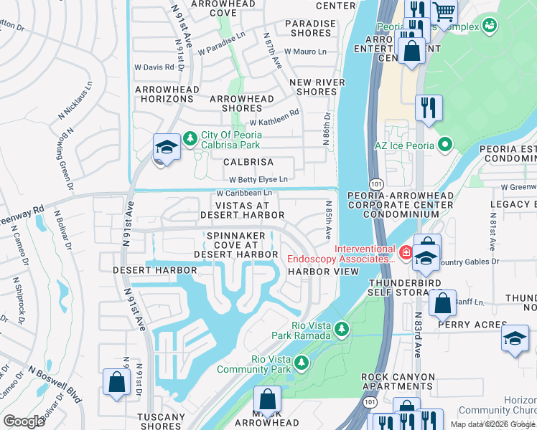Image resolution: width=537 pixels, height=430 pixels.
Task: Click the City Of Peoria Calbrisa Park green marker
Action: point(190,137)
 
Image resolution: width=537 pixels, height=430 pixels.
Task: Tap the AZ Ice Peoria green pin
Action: point(445,145)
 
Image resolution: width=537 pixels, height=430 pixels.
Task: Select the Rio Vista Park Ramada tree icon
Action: point(342,329)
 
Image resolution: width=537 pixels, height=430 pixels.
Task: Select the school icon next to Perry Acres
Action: point(515,338)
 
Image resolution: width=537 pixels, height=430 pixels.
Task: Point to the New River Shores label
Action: point(317,87)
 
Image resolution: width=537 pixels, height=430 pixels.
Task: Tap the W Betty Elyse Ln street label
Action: point(258,179)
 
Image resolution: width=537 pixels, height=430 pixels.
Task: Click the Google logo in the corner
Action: point(24,421)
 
